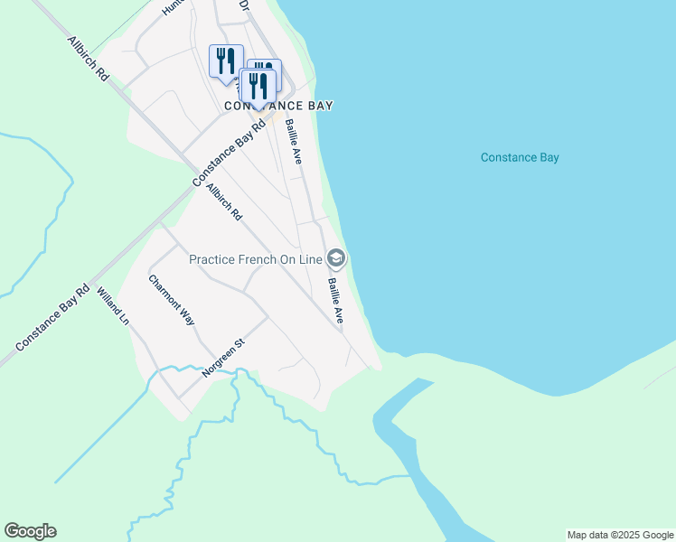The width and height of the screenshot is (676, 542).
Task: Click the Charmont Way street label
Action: click(x=172, y=300)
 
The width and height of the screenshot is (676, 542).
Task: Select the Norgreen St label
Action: click(x=225, y=358)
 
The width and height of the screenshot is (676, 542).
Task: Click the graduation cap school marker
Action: click(x=336, y=259)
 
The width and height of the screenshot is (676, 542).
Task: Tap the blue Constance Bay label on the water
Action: click(x=520, y=157)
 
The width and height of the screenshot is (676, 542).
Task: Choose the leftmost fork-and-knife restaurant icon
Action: click(x=224, y=61)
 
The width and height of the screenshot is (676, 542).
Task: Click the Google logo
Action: click(x=30, y=531)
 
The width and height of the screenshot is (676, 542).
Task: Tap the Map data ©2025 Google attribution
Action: click(x=619, y=535)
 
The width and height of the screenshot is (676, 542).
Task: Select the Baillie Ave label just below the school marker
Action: click(x=335, y=301)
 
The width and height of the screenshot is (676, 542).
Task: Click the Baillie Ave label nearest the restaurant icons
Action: click(x=293, y=141)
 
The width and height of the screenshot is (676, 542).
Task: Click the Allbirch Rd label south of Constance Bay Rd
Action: click(x=224, y=203)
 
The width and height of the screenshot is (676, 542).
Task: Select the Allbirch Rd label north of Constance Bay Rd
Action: click(x=88, y=61)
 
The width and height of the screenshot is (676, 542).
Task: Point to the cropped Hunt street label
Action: click(x=173, y=7)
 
